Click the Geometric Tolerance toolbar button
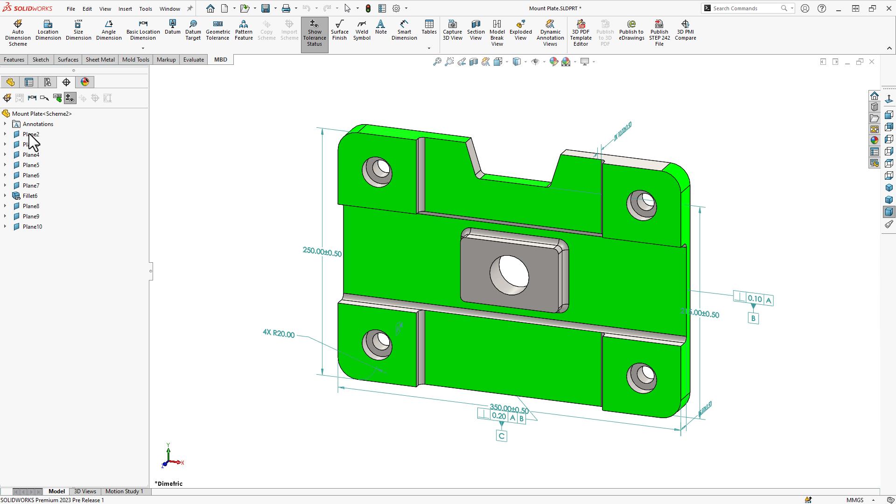(217, 31)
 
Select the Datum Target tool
(193, 31)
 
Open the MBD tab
(220, 60)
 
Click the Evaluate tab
(193, 60)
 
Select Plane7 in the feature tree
(31, 186)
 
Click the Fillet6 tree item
(30, 196)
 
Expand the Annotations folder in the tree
(5, 124)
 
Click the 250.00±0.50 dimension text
(322, 252)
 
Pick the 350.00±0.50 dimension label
(509, 409)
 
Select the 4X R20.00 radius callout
(279, 334)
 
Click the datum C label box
(501, 436)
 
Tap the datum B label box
(753, 319)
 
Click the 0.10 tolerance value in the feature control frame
(755, 299)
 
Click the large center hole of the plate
(510, 275)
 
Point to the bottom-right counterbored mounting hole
(643, 377)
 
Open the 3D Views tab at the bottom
(85, 491)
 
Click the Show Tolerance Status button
(315, 33)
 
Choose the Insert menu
(125, 8)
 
